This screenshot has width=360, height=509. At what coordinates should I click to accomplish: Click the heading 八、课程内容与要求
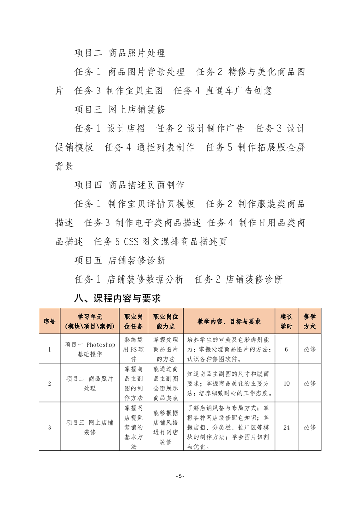pos(117,299)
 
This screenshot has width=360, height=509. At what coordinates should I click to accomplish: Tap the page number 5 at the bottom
pos(180,476)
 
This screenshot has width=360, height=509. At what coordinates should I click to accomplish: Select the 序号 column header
pos(49,322)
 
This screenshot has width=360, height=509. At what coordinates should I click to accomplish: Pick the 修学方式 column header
pos(310,322)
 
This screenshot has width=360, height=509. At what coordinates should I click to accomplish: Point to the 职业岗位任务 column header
pos(133,322)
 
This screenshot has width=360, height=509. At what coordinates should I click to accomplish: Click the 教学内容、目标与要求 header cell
pos(229,322)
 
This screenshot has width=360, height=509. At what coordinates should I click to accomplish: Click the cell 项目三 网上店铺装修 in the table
pos(90,427)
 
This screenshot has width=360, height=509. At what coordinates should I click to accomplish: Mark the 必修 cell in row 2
pos(310,383)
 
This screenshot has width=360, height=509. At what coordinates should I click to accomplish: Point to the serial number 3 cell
pos(49,427)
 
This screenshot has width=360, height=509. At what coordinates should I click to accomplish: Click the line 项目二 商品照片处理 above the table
pos(120,53)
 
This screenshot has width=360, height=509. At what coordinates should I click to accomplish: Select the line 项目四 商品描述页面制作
pos(129,185)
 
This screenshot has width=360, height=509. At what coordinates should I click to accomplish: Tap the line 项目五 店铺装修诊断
pos(120,260)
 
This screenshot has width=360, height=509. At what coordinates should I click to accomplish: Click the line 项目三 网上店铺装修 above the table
pos(120,109)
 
